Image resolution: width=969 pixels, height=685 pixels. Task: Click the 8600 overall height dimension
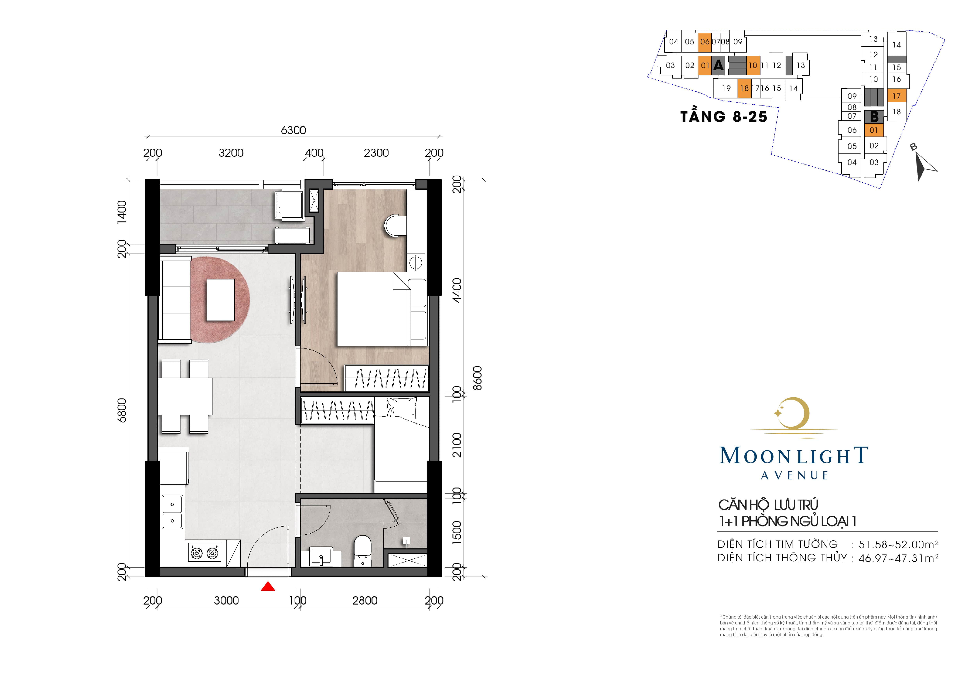tap(477, 378)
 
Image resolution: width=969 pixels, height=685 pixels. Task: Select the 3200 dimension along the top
tap(231, 153)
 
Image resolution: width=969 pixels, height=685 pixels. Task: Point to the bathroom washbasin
tap(321, 556)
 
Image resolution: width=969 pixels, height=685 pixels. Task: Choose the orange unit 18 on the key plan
tap(745, 88)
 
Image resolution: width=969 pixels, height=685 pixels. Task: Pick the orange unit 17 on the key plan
tap(896, 96)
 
